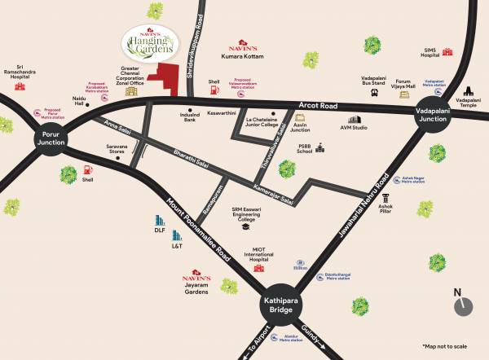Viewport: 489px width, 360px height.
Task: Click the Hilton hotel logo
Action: pos(302,266)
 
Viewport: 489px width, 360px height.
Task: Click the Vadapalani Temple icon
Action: pos(468,95)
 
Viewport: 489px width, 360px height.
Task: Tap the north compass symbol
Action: pos(463,305)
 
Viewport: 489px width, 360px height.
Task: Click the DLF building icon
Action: pos(160,221)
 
